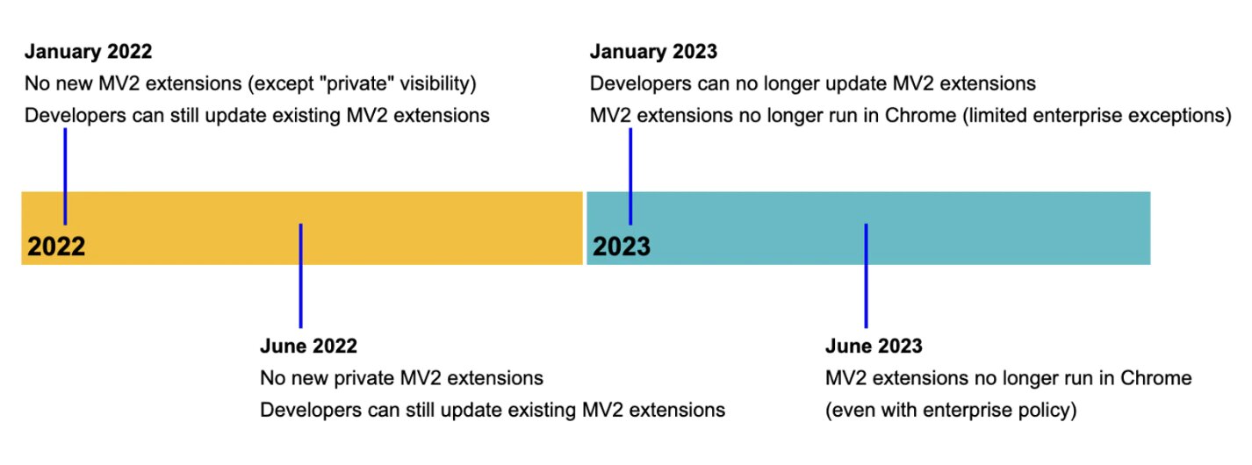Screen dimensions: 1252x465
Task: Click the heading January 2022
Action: point(89,52)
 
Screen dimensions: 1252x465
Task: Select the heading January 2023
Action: point(653,52)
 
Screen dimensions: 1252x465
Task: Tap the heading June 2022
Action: point(308,346)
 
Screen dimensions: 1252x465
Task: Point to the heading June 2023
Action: point(874,346)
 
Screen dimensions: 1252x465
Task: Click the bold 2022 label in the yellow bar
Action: point(56,247)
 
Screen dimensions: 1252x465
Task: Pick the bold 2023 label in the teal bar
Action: point(622,247)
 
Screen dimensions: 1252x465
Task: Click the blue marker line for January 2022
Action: point(65,176)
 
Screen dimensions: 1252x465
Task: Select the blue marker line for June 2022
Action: point(300,275)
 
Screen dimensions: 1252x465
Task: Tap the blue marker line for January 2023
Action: point(630,176)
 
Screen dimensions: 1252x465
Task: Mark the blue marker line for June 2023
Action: point(866,275)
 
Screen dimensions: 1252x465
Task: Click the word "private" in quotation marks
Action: point(356,83)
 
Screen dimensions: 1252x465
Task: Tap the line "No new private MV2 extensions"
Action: point(401,378)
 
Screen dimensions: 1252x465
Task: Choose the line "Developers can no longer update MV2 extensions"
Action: point(813,83)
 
